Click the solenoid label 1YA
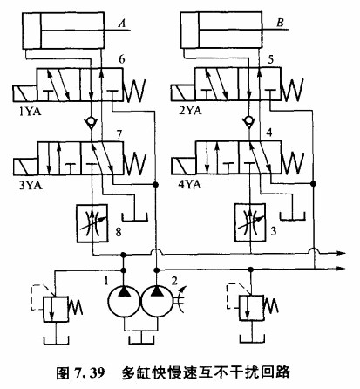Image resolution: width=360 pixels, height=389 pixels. tap(31, 111)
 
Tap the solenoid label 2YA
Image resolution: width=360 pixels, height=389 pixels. tap(190, 111)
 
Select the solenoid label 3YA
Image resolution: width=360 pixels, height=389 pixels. tap(31, 185)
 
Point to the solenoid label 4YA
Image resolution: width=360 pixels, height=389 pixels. tap(190, 185)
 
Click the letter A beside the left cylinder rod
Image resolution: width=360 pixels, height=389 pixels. tap(122, 23)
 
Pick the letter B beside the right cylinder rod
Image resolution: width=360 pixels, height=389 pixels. tap(280, 23)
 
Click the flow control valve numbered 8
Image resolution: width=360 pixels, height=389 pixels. tap(92, 223)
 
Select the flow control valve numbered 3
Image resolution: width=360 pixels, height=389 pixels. tap(250, 222)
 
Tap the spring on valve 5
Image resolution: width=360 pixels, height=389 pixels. tap(292, 89)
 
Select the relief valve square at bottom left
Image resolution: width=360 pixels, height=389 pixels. tap(56, 309)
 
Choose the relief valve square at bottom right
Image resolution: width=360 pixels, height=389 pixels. tap(251, 308)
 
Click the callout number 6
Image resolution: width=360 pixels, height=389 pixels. tap(122, 59)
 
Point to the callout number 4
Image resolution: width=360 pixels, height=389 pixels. tap(269, 133)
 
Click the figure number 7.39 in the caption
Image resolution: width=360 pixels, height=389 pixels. tap(90, 372)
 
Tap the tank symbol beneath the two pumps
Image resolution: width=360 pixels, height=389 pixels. tap(141, 340)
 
